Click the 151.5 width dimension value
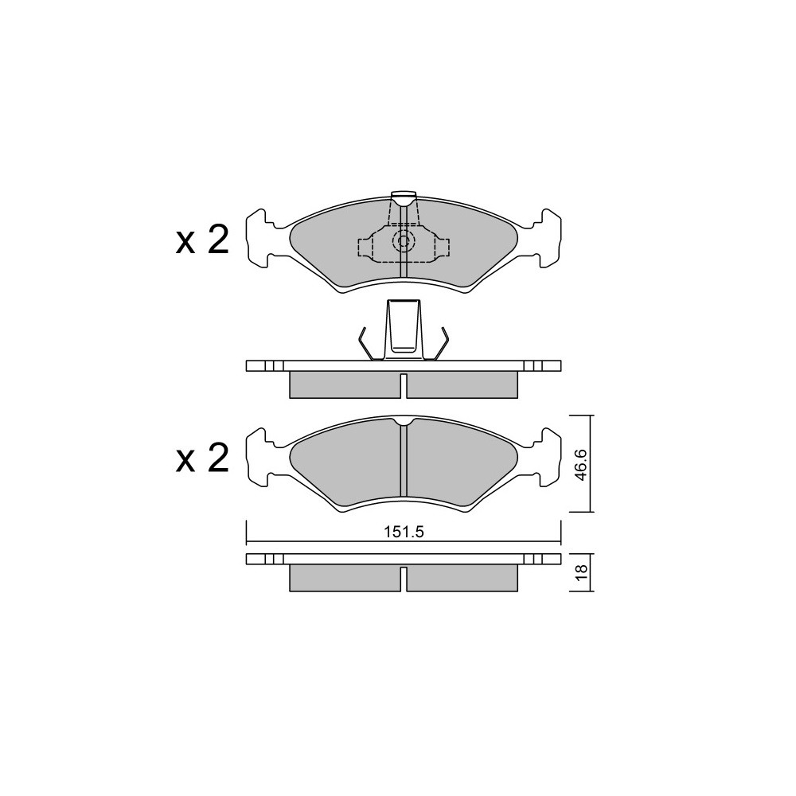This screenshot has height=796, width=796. [x=404, y=532]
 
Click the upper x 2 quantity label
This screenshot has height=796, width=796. [x=202, y=240]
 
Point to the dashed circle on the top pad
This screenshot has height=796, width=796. [x=404, y=241]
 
